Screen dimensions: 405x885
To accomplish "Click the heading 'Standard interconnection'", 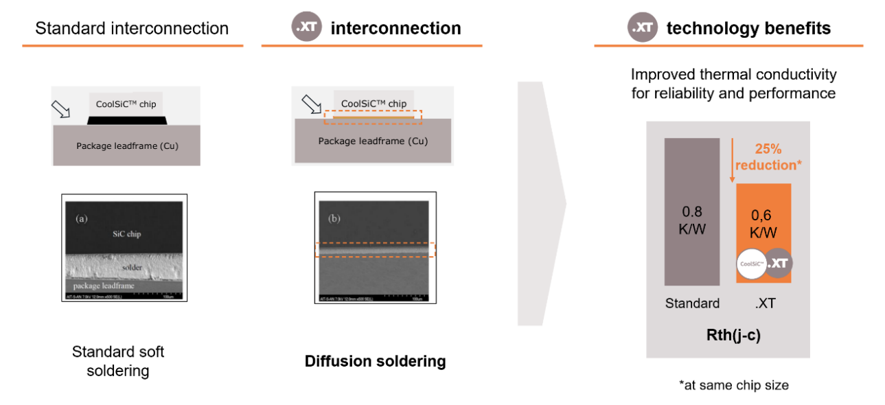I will (x=132, y=29).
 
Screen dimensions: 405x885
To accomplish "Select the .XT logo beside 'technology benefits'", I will (x=642, y=28).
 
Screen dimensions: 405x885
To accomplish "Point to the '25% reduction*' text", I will (x=767, y=157).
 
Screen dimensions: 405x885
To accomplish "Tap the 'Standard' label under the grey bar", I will (x=692, y=303).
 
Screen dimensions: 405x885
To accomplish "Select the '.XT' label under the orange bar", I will (x=765, y=303).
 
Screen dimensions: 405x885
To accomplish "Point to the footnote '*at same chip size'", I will (x=733, y=385).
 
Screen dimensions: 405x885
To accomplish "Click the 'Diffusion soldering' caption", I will (x=375, y=361).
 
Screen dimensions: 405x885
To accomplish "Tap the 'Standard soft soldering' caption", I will (x=118, y=361).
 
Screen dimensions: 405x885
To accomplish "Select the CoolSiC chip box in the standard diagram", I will (x=126, y=104).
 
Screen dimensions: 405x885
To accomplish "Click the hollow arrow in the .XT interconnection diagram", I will (x=312, y=104).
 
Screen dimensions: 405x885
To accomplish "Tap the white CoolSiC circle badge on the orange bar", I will (x=750, y=263).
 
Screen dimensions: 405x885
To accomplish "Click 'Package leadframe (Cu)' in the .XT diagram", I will (x=373, y=141).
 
